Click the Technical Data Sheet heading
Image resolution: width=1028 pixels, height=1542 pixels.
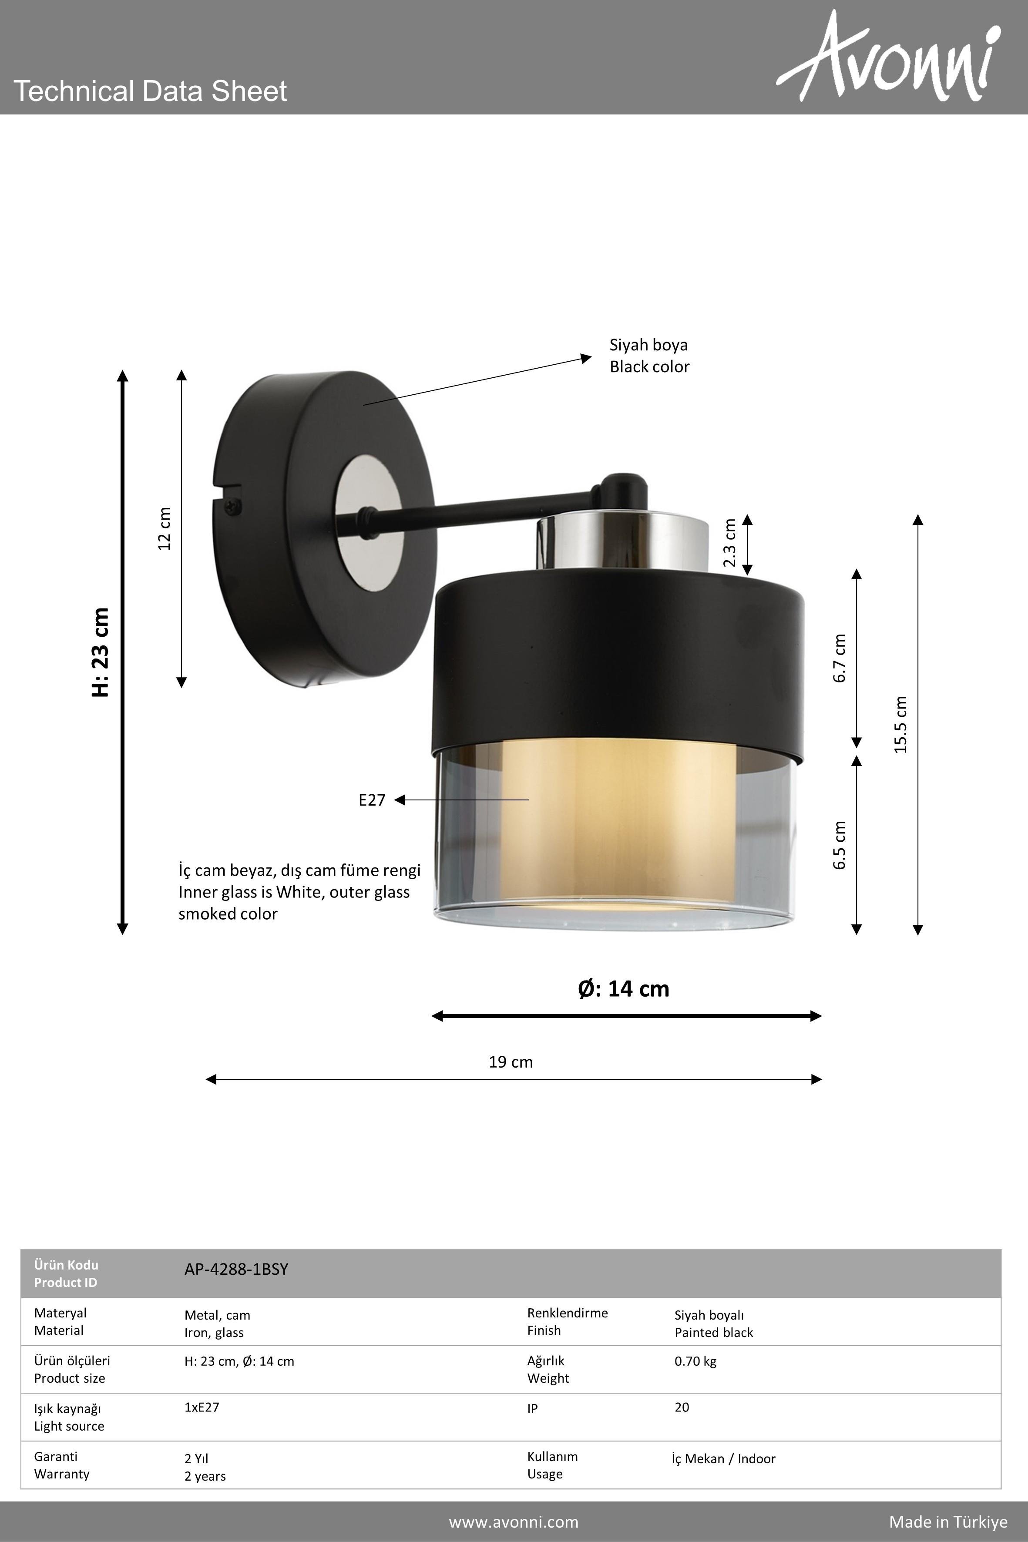[x=150, y=91]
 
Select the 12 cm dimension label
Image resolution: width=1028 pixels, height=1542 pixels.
[x=164, y=528]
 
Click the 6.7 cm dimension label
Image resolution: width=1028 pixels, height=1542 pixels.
[x=840, y=658]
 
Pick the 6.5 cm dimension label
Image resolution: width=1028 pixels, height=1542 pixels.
[x=840, y=845]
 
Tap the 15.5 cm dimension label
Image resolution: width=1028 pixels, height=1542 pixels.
[x=901, y=725]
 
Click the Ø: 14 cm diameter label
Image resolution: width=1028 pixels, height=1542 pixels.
[x=624, y=989]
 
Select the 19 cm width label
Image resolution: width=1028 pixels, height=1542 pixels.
[x=511, y=1062]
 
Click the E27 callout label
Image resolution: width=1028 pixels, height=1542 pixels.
[x=372, y=800]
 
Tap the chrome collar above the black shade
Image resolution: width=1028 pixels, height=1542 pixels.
[x=623, y=542]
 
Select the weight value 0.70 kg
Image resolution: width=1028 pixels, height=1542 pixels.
[x=695, y=1361]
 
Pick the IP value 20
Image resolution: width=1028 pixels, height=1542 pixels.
[x=682, y=1407]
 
